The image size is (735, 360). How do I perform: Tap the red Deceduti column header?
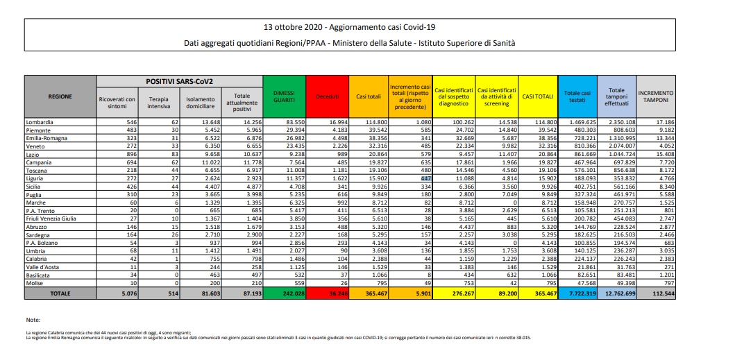[326, 96]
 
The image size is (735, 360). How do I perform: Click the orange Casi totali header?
[368, 96]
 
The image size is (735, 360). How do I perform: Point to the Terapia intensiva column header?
[158, 103]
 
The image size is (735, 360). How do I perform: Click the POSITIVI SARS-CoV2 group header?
[179, 81]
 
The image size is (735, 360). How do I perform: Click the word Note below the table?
[33, 320]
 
